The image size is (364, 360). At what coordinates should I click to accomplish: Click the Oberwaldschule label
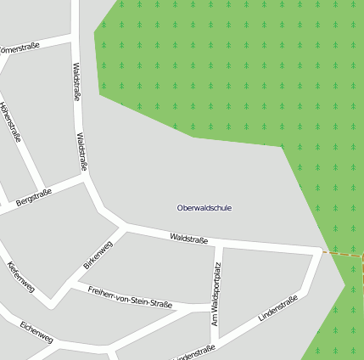[204, 208]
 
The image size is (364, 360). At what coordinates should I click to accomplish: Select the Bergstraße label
[34, 198]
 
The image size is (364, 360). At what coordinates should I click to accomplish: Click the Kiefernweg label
[20, 277]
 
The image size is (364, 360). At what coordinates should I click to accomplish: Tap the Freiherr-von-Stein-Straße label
[131, 298]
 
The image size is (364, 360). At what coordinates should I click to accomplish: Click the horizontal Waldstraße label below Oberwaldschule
[188, 239]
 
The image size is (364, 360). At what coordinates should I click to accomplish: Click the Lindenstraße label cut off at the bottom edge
[193, 353]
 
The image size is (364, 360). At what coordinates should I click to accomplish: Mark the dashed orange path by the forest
[343, 253]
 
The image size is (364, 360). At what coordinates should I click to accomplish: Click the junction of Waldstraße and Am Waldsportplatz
[219, 244]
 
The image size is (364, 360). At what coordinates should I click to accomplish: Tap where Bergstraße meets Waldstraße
[87, 179]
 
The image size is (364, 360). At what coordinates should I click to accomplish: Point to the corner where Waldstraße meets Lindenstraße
[319, 251]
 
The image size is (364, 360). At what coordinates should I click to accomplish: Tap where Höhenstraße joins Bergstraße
[40, 192]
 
